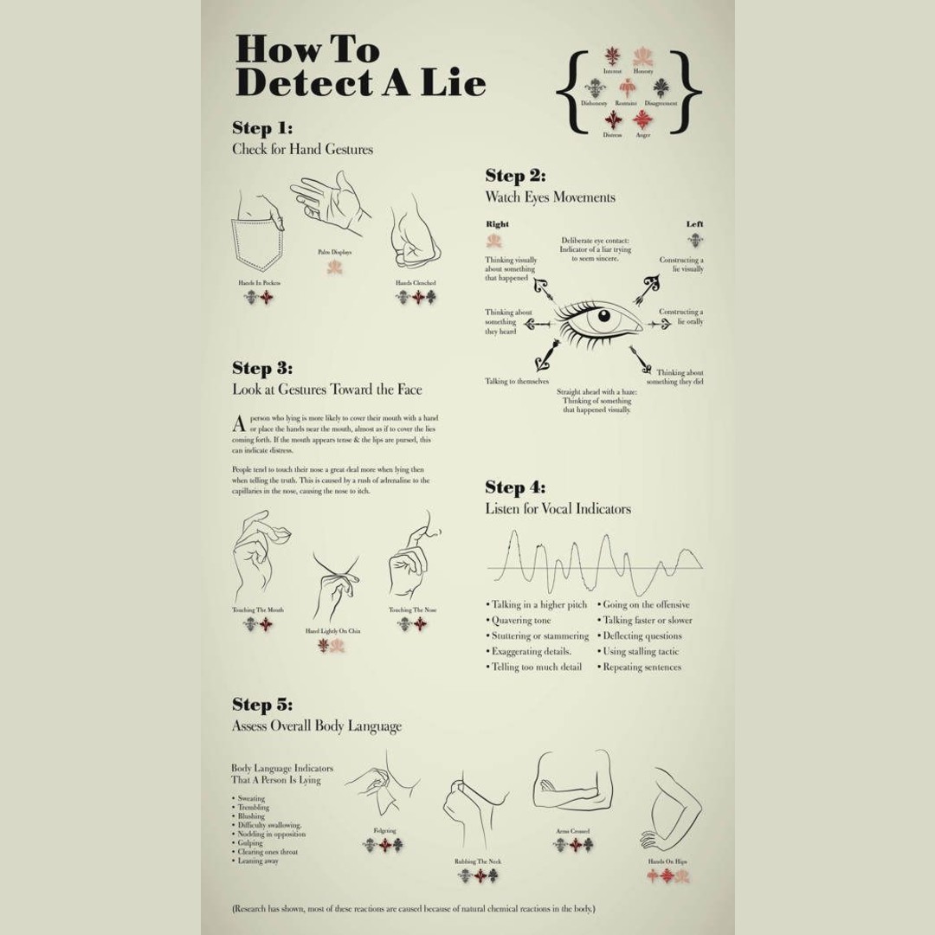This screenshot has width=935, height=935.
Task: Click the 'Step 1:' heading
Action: pyautogui.click(x=262, y=128)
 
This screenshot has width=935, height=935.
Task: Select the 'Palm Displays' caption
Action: pyautogui.click(x=334, y=252)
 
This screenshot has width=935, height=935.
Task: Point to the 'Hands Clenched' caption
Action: pyautogui.click(x=416, y=283)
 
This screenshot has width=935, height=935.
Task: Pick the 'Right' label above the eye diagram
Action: pyautogui.click(x=498, y=224)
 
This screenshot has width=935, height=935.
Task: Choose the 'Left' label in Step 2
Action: pyautogui.click(x=694, y=224)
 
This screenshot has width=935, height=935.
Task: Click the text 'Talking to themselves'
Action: pyautogui.click(x=516, y=381)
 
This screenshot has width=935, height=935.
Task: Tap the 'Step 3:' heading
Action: pyautogui.click(x=262, y=368)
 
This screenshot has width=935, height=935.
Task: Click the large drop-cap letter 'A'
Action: pyautogui.click(x=239, y=424)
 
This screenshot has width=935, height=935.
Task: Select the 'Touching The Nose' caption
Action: pyautogui.click(x=412, y=609)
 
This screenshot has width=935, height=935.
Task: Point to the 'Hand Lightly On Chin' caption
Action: pyautogui.click(x=332, y=631)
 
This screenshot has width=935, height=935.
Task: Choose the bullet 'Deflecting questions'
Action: pyautogui.click(x=642, y=636)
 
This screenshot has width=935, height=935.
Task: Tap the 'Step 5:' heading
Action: pyautogui.click(x=262, y=704)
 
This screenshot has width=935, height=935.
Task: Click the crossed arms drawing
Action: pyautogui.click(x=573, y=783)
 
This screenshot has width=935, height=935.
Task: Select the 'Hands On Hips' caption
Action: pyautogui.click(x=667, y=861)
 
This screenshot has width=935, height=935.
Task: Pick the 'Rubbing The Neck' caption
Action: pyautogui.click(x=478, y=861)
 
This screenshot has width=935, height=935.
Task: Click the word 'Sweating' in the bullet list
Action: pyautogui.click(x=251, y=798)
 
